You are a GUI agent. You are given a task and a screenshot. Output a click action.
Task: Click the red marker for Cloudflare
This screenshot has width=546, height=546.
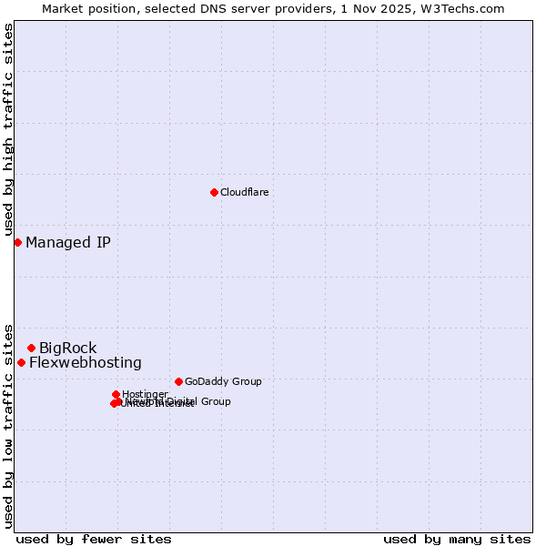(214, 192)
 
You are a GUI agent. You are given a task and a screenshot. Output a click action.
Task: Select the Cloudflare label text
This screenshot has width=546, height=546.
(244, 192)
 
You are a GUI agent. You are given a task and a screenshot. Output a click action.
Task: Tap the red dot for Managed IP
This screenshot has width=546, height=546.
(17, 242)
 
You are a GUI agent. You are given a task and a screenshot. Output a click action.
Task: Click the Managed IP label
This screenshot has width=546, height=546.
(68, 242)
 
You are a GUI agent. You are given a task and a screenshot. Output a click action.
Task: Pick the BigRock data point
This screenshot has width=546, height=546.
(31, 348)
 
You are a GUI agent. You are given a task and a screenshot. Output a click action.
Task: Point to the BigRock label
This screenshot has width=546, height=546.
(67, 348)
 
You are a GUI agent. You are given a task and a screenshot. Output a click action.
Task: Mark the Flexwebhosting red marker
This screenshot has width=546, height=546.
(21, 362)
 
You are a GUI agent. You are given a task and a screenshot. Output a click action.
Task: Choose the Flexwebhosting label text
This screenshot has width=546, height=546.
(86, 362)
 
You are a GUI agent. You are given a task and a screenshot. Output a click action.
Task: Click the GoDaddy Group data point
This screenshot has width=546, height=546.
(178, 381)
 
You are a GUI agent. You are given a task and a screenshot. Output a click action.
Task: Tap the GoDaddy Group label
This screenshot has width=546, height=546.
(223, 381)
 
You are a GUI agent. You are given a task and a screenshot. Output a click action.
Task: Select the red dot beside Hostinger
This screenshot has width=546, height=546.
(116, 394)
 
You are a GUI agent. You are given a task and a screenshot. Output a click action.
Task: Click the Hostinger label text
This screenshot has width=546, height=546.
(145, 394)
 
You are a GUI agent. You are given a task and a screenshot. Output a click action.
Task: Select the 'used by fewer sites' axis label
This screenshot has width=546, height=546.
(94, 539)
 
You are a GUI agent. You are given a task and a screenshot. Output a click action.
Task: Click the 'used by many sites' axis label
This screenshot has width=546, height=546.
(457, 539)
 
